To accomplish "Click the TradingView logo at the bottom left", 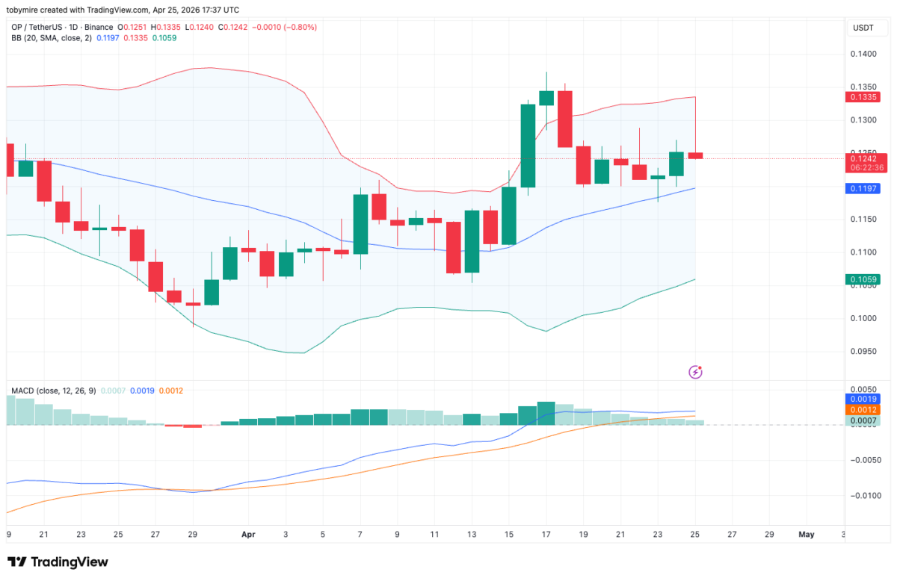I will click(x=58, y=562).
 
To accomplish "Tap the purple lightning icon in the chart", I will click(x=696, y=371).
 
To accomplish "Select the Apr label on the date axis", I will click(x=248, y=534).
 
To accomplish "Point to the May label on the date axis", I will click(x=806, y=534).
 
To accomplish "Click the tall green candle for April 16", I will click(x=528, y=146).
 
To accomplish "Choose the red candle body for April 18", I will click(x=565, y=119).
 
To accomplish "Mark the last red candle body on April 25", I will click(x=695, y=155).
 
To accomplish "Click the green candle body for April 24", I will click(x=676, y=164).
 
